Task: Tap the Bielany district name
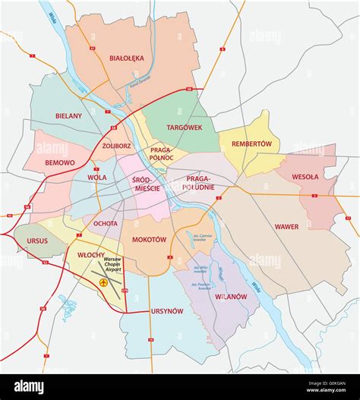point(68,116)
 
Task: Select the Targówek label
point(185,128)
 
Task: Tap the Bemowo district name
point(60,162)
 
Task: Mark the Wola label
point(97,177)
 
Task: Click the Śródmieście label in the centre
point(146,184)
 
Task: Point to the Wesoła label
point(306,177)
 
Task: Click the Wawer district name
point(286,226)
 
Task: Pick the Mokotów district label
point(149,239)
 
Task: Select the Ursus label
point(38,241)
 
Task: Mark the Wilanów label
point(230,297)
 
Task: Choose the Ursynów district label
point(166,311)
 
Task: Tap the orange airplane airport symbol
point(103,283)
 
